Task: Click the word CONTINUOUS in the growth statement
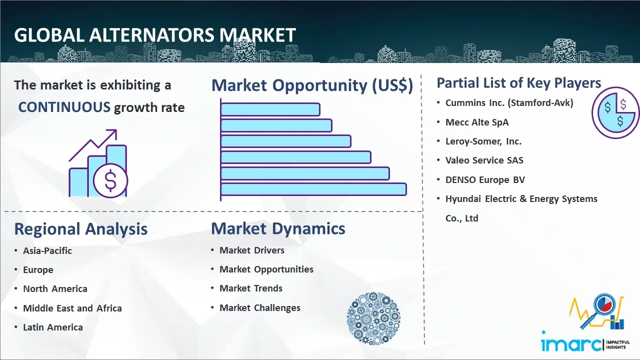(x=64, y=107)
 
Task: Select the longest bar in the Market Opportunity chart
(x=313, y=189)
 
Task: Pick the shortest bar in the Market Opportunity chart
(x=270, y=109)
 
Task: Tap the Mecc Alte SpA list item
(x=477, y=122)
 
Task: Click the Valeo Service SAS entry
(x=484, y=160)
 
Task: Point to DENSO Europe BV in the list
(x=485, y=179)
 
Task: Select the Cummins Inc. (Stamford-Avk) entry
(x=509, y=103)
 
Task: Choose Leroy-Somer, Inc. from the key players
(x=483, y=141)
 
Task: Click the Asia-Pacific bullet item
(x=47, y=250)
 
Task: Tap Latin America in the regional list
(x=53, y=327)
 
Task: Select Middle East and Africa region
(x=72, y=308)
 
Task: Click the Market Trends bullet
(x=251, y=288)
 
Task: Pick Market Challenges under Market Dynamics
(x=259, y=307)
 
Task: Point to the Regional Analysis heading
(x=81, y=229)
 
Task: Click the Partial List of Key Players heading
(x=519, y=83)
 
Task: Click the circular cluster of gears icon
(x=373, y=318)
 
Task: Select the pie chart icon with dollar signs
(x=615, y=112)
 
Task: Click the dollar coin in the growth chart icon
(x=110, y=180)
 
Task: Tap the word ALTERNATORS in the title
(x=151, y=35)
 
